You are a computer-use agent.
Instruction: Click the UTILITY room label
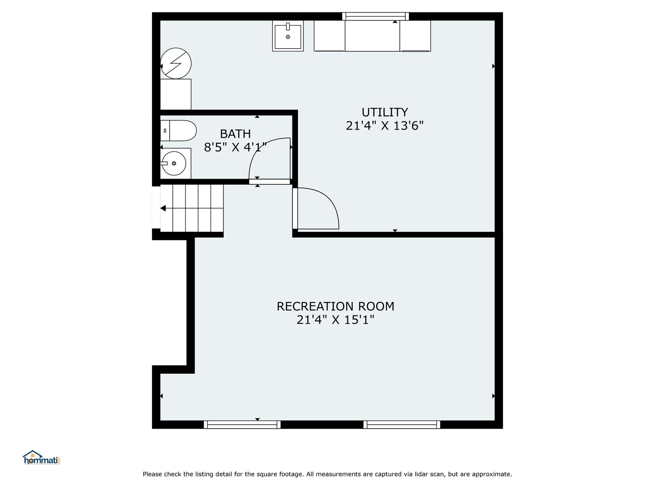coord(385,112)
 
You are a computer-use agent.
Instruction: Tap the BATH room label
coord(235,134)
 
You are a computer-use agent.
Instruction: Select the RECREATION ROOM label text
coord(335,306)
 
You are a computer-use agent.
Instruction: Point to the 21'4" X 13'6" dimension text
coord(385,126)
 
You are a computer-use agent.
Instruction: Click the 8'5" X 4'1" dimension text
coord(235,147)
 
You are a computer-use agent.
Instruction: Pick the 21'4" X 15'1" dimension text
coord(335,320)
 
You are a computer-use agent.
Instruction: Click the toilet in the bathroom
coord(178,130)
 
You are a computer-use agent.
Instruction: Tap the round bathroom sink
coord(174,163)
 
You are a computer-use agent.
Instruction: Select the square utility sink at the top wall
coord(287,36)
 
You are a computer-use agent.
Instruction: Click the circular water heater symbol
coord(176,63)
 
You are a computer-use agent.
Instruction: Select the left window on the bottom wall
coord(242,425)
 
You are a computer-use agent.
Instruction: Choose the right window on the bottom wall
coord(402,425)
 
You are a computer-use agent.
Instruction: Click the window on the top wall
coord(375,16)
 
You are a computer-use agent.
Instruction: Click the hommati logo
coord(42,457)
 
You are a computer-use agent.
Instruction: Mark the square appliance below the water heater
coord(176,94)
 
